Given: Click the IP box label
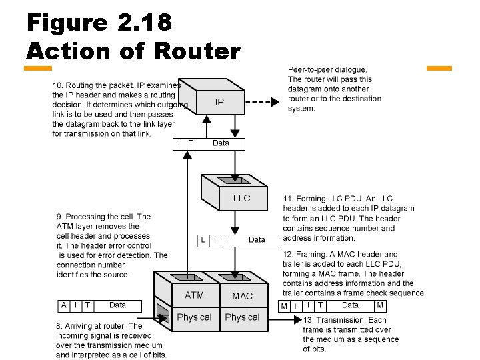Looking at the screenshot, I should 219,103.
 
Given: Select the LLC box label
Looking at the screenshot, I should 241,198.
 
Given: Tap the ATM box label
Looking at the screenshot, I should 194,295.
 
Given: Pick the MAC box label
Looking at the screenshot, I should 242,295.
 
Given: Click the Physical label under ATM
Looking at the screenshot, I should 194,317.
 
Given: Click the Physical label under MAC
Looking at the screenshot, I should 242,317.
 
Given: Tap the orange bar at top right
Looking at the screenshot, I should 439,68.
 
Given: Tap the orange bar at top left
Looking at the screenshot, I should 38,68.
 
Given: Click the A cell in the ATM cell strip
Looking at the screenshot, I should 63,305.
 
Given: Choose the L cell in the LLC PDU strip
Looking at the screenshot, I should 203,239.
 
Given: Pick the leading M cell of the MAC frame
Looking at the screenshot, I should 284,306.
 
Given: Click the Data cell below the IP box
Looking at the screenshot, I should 221,143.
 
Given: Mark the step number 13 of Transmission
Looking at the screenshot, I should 308,319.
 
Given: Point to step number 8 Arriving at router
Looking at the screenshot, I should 59,326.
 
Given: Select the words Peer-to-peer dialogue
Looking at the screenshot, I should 327,69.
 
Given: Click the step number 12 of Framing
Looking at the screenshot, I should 288,254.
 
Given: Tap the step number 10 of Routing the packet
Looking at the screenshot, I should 57,85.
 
